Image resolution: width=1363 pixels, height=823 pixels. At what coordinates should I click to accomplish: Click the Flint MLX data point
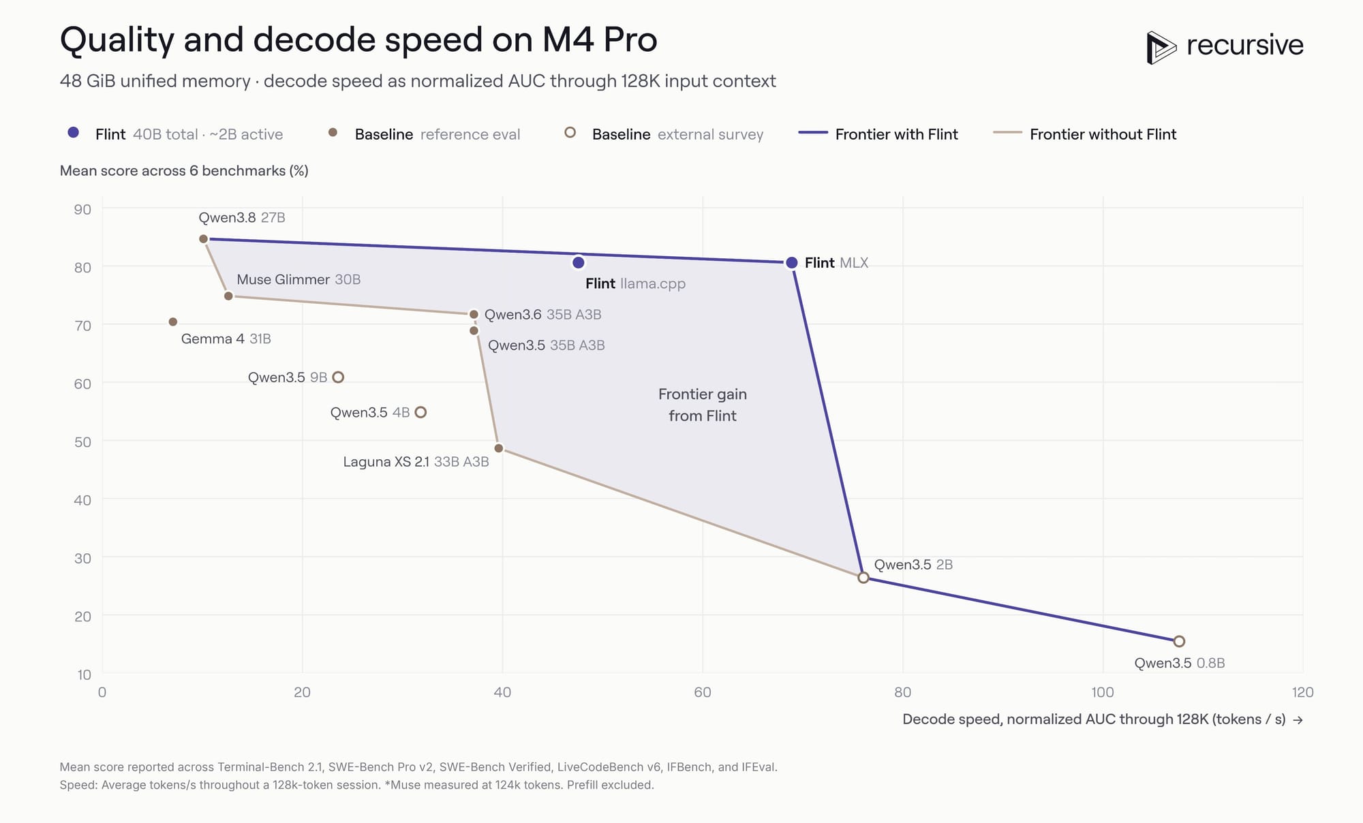click(791, 263)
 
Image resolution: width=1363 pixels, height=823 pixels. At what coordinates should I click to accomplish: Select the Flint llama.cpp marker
click(579, 263)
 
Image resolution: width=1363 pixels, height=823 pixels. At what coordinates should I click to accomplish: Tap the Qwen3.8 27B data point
click(203, 239)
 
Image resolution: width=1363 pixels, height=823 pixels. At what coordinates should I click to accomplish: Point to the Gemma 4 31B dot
click(173, 322)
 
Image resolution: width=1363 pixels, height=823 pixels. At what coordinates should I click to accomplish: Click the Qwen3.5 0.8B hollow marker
click(1179, 641)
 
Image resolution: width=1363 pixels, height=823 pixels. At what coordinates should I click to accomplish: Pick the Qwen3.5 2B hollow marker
click(863, 578)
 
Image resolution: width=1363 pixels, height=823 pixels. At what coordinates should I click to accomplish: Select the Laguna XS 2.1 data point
click(499, 448)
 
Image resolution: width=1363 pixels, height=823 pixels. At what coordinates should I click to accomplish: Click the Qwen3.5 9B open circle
click(338, 377)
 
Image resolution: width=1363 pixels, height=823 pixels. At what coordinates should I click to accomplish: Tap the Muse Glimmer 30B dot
click(229, 296)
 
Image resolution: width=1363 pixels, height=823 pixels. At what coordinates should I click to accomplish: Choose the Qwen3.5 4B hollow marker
click(421, 412)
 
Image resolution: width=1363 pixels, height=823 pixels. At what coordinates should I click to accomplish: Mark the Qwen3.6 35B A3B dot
click(474, 314)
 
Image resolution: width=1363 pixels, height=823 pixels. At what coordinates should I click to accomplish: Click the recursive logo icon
click(1161, 48)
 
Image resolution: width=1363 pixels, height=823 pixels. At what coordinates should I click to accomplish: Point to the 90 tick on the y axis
click(82, 209)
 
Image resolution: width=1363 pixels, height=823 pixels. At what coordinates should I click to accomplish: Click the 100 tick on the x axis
click(1103, 692)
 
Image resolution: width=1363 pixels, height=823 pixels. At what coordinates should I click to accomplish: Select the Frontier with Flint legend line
click(813, 132)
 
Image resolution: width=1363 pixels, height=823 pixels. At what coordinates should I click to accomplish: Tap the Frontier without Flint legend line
click(1007, 132)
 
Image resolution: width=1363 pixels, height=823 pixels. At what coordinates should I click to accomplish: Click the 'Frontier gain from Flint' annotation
click(703, 405)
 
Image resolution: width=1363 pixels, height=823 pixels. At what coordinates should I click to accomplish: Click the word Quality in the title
click(117, 40)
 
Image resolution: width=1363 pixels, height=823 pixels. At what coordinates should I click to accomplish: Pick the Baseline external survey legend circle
click(570, 132)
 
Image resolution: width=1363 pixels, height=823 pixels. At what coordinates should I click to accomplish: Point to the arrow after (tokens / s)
click(1298, 720)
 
